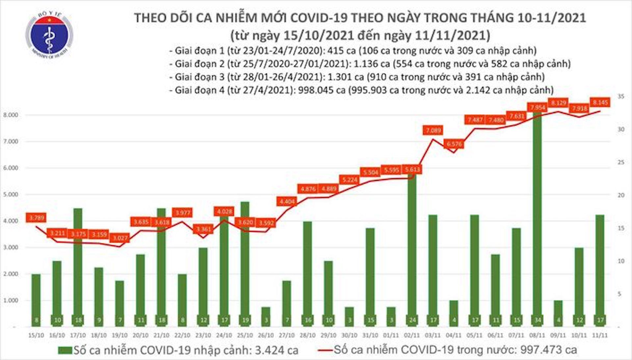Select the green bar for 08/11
[x=537, y=217]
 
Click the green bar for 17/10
[x=78, y=267]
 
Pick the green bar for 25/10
[x=245, y=263]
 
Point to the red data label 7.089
[x=433, y=130]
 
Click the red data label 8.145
[x=600, y=102]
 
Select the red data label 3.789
[x=36, y=218]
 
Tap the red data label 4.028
[x=224, y=211]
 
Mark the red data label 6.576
[x=454, y=144]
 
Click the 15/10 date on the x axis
[x=36, y=335]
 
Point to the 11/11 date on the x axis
[x=600, y=335]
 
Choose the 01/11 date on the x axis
[x=391, y=335]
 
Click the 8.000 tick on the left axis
[x=11, y=115]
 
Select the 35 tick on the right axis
[x=621, y=96]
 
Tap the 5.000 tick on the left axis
[x=11, y=194]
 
